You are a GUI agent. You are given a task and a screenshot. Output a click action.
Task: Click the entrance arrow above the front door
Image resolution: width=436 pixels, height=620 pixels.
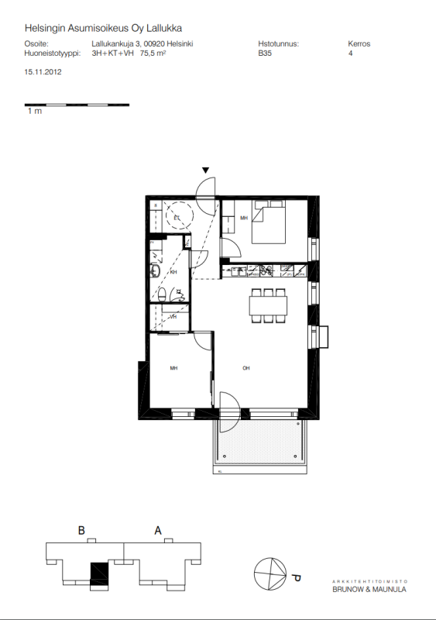(x=205, y=170)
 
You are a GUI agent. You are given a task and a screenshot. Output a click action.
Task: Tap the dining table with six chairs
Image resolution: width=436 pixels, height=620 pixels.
(x=268, y=305)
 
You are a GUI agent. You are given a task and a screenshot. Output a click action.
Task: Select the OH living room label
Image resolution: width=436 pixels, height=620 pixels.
(x=245, y=368)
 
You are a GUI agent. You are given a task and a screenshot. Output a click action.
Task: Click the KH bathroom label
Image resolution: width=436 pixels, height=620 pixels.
(x=173, y=272)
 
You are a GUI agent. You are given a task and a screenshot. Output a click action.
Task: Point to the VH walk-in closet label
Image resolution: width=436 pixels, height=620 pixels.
(x=173, y=317)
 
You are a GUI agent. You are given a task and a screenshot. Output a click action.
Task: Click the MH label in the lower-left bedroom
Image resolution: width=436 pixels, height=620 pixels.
(x=174, y=368)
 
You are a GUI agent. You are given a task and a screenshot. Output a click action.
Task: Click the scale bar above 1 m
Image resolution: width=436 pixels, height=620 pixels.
(x=77, y=105)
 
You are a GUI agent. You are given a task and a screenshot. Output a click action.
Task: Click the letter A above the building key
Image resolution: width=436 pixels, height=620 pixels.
(x=157, y=531)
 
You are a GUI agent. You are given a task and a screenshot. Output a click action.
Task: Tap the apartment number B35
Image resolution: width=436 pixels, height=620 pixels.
(x=266, y=54)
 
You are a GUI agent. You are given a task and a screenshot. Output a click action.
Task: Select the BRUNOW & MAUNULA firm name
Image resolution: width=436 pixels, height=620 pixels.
(x=368, y=590)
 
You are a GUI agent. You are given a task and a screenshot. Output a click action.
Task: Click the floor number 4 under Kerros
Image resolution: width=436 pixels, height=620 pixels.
(x=351, y=54)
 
